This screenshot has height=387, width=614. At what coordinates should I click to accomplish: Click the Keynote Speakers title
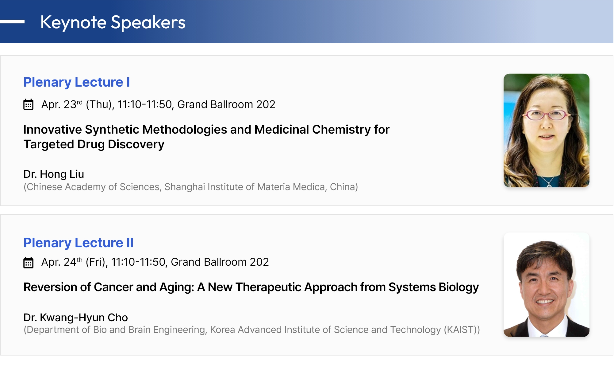coord(113,22)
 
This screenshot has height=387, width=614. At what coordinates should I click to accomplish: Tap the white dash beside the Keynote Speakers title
coord(12,21)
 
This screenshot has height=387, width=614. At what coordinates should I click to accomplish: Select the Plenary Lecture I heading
coord(77,82)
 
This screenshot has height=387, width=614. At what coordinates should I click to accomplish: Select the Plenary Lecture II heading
coord(79,243)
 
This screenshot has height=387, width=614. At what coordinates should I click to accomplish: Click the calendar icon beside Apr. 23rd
coord(29,104)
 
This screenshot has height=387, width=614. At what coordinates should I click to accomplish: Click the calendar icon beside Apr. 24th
coord(29,263)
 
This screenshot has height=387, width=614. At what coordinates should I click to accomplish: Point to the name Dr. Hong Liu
coord(54,174)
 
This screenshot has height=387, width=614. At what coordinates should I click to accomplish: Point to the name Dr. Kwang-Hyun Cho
coord(75,318)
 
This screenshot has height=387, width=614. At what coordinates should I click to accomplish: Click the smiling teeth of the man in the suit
coord(545,302)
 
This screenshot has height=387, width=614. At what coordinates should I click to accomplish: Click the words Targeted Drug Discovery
coord(94,144)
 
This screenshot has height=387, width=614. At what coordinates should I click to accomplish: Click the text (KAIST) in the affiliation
coord(460,330)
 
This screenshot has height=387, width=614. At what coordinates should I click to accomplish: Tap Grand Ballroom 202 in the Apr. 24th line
coord(220,262)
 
